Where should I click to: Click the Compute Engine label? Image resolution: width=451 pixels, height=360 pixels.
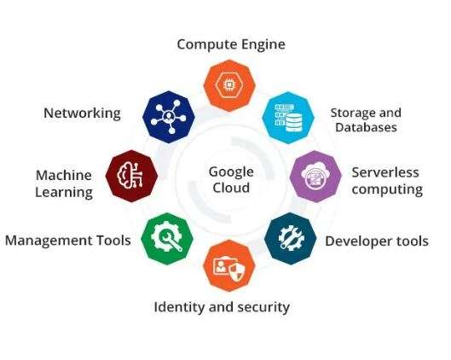[x=231, y=45]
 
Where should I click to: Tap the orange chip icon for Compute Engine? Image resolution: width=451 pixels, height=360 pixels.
[x=229, y=85]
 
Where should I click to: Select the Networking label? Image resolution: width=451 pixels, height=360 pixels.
[x=82, y=113]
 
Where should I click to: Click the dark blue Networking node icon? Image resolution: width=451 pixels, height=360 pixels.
[x=169, y=117]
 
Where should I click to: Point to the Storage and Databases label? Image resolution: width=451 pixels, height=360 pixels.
[x=366, y=120]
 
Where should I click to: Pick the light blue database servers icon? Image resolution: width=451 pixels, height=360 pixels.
[x=288, y=118]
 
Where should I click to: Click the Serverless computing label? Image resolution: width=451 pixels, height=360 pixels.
[x=387, y=181]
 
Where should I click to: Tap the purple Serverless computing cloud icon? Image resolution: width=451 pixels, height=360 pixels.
[x=315, y=177]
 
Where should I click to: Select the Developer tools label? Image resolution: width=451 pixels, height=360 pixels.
[x=377, y=241]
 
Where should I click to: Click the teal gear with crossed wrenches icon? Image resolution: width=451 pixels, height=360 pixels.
[x=291, y=239]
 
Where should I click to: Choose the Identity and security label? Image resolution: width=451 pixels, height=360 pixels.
[x=222, y=307]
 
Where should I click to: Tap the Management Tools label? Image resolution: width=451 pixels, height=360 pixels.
[x=68, y=241]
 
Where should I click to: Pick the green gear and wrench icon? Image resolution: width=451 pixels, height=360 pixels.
[x=167, y=239]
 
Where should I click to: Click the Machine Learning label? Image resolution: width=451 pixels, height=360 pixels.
[x=64, y=184]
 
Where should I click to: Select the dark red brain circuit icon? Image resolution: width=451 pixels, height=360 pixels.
[x=131, y=176]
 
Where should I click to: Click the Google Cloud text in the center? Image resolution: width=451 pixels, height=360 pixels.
[x=231, y=180]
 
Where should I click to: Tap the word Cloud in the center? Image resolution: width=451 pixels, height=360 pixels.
[x=231, y=188]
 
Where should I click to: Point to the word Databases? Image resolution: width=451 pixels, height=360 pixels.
[x=366, y=127]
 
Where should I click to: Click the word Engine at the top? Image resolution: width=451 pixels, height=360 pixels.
[x=263, y=45]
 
